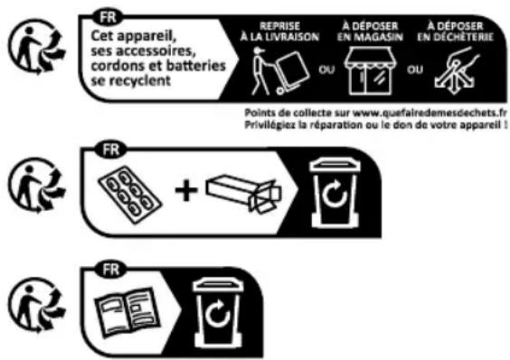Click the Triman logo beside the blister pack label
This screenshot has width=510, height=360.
36,182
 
